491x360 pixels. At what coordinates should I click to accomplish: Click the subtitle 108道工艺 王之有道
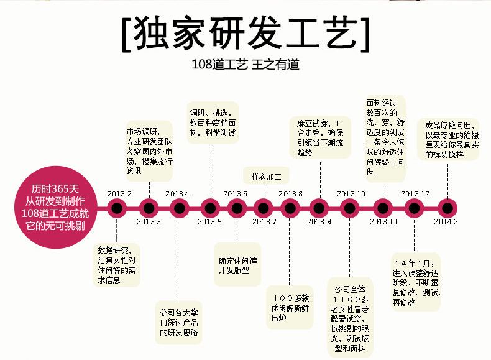click(245, 65)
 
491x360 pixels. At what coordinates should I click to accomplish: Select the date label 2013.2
click(119, 193)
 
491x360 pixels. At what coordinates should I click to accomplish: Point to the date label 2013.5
click(210, 222)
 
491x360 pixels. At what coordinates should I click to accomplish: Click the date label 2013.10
click(351, 193)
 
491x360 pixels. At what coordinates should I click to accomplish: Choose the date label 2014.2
click(446, 222)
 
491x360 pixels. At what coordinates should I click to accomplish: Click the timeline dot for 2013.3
click(148, 208)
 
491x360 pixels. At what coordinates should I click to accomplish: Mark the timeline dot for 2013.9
click(319, 208)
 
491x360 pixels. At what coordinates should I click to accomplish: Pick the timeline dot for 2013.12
click(413, 208)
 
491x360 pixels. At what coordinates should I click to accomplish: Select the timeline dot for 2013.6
click(237, 208)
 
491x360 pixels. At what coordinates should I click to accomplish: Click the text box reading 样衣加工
click(266, 175)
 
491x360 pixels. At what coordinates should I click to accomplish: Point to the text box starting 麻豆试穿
click(319, 137)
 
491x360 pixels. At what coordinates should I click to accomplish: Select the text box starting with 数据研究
click(117, 265)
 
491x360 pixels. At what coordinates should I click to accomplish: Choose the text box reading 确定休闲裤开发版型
click(237, 265)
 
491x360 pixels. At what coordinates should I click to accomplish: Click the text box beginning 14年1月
click(415, 282)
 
